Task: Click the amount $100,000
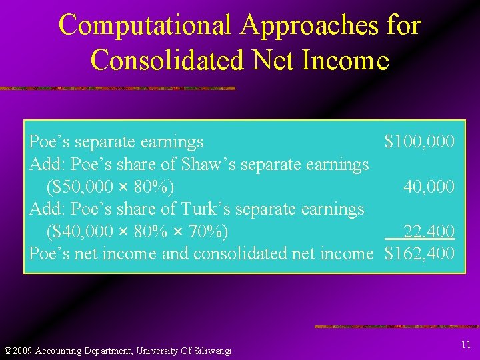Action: (x=419, y=142)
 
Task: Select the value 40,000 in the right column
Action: (x=429, y=187)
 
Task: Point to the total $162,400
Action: (x=419, y=254)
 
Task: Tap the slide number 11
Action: (x=465, y=344)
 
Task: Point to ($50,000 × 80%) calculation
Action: (x=111, y=187)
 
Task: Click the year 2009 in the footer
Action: (x=22, y=351)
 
